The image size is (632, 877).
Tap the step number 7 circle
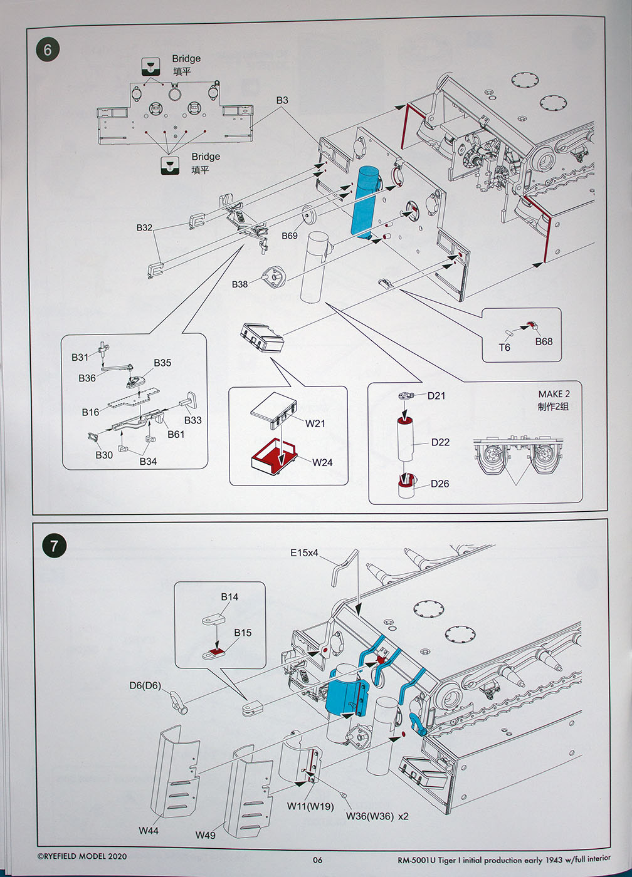point(54,546)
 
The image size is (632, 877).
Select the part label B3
point(282,100)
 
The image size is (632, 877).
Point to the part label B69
point(290,236)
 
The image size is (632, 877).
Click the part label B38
point(240,284)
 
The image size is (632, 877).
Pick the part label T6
point(504,347)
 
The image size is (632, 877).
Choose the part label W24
point(322,462)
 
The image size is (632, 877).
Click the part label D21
point(436,395)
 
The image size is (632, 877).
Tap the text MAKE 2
point(554,394)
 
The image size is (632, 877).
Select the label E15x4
point(304,553)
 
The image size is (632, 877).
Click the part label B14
point(229,597)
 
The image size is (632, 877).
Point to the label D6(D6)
point(145,685)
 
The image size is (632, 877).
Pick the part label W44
point(149,831)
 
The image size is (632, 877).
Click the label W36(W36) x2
point(377,816)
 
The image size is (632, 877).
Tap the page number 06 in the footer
point(318,859)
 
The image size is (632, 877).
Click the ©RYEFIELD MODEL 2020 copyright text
point(82,856)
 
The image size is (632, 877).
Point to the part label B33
point(192,420)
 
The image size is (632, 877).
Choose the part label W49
point(205,835)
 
